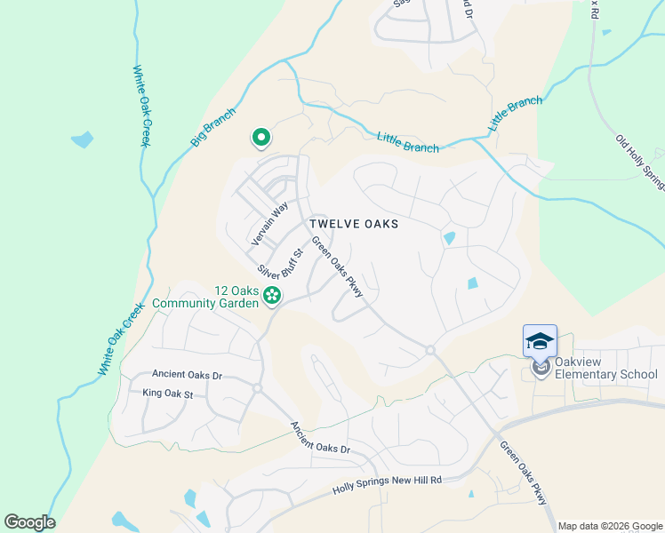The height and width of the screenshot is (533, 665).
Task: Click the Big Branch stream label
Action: [x=213, y=127]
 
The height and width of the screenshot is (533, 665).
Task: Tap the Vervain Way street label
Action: [x=269, y=224]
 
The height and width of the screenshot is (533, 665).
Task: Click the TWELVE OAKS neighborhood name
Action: [x=354, y=224]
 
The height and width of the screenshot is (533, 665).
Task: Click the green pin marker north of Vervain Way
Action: [x=261, y=138]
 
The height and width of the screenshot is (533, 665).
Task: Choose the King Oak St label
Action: [x=168, y=392]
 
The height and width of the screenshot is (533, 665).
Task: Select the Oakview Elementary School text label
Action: [x=605, y=369]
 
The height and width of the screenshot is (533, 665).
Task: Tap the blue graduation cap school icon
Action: [x=540, y=340]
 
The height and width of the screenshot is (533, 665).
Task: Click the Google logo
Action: [x=29, y=522]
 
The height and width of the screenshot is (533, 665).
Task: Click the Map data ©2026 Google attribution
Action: [x=609, y=526]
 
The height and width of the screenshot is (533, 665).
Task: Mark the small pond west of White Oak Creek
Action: [x=82, y=139]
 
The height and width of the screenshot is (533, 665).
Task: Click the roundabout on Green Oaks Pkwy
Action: [x=430, y=350]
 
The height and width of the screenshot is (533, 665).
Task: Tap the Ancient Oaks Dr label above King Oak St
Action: [x=187, y=375]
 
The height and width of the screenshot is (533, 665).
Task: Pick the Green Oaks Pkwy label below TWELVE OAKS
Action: [x=337, y=265]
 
